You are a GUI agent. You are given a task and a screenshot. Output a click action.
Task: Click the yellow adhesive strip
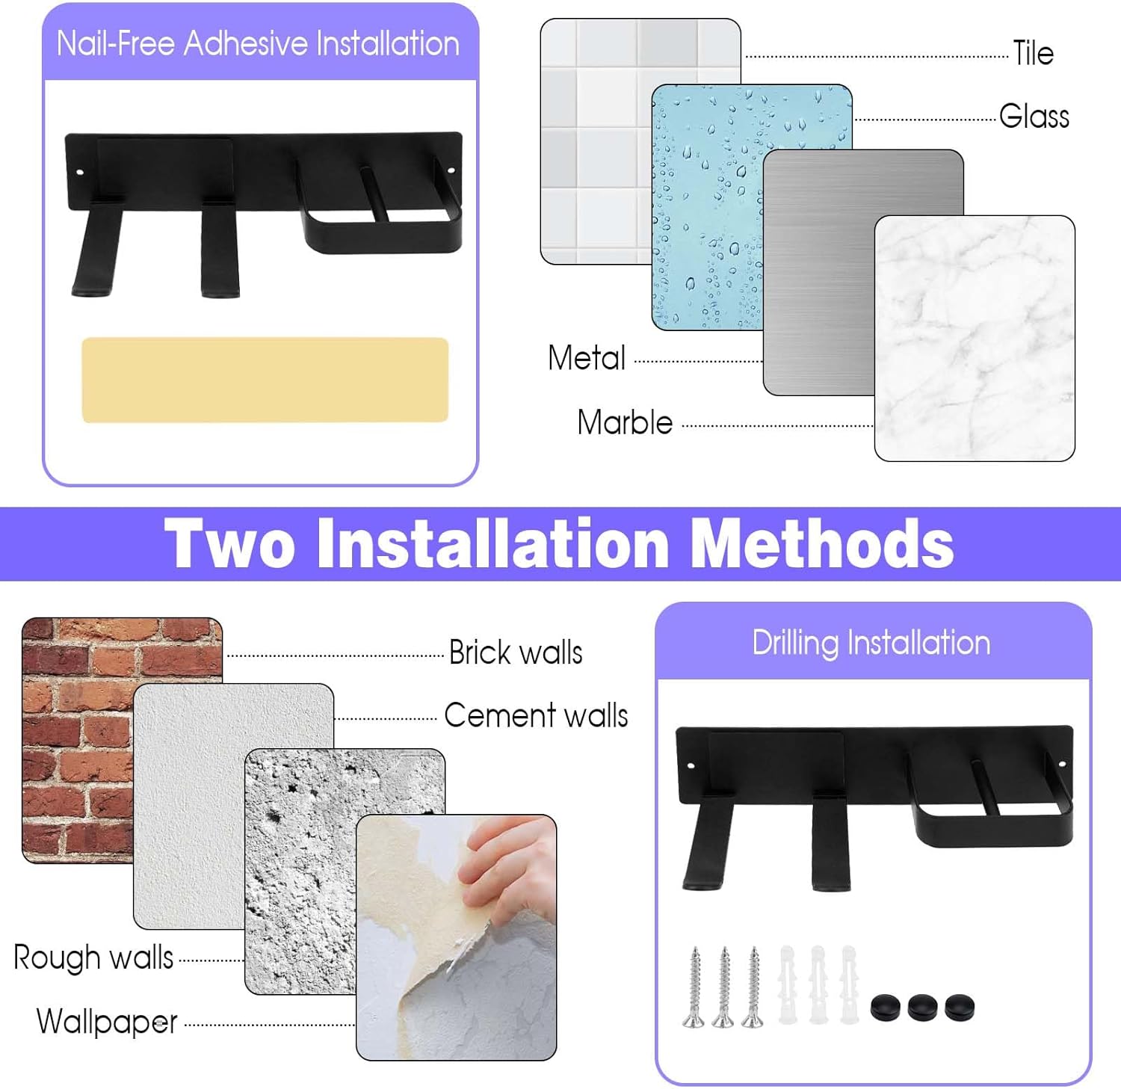(x=265, y=380)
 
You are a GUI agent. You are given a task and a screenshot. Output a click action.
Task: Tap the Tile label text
(x=1033, y=53)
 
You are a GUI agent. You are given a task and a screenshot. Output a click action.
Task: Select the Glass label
(x=1034, y=116)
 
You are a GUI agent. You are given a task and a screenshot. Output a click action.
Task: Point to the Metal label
(x=587, y=358)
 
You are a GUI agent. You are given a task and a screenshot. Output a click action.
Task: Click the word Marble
(x=625, y=422)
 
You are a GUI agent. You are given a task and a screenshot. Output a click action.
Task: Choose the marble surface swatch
(x=975, y=338)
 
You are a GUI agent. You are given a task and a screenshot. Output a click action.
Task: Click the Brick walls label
(x=516, y=653)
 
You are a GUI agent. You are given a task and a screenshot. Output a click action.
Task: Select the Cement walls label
(x=536, y=715)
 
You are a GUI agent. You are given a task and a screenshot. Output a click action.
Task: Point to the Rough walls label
(x=93, y=957)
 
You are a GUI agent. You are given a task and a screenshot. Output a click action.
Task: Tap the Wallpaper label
(x=107, y=1022)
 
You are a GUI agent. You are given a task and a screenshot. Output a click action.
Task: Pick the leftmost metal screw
(x=695, y=987)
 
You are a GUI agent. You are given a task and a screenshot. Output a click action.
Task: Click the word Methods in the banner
(x=822, y=543)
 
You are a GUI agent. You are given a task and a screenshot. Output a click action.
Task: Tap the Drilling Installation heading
(x=871, y=643)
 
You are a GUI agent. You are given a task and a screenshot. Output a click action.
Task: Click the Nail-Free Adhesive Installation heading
(x=259, y=43)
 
